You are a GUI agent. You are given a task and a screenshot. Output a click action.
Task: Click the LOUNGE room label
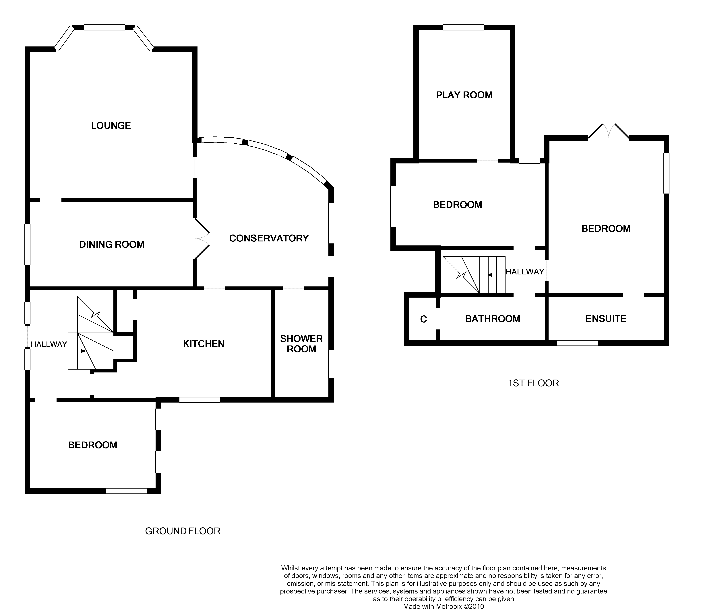(111, 126)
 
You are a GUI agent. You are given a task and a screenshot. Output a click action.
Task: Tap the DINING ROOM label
(112, 244)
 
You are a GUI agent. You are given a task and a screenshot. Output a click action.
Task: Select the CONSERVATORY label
(269, 238)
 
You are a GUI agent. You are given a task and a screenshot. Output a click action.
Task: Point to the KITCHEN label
(204, 344)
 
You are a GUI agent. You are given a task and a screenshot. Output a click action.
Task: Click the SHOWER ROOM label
(301, 344)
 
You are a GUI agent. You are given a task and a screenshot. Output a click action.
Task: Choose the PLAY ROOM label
(464, 95)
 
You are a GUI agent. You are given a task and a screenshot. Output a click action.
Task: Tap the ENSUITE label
(606, 319)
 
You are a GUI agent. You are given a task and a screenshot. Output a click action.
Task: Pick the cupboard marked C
(423, 319)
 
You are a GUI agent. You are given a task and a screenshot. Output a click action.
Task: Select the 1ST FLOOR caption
(534, 383)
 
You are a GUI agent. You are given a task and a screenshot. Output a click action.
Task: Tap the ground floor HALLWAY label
(49, 344)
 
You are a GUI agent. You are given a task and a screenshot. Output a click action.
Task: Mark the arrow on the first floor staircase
(495, 275)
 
